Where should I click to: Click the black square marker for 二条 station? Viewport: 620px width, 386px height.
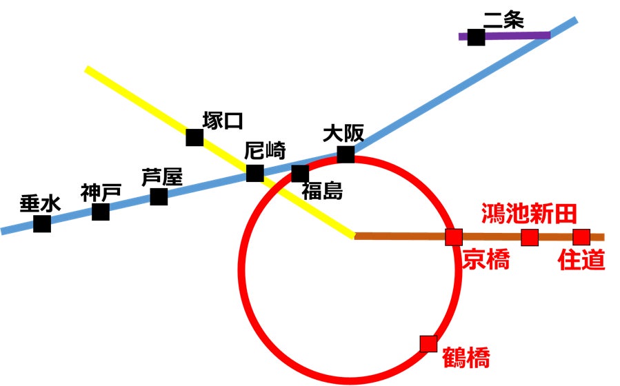(476, 37)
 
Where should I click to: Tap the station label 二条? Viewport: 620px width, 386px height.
(503, 21)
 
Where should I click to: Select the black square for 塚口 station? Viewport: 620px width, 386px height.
(194, 137)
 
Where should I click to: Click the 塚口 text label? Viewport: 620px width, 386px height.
(223, 121)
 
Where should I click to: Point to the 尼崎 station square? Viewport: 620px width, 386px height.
(255, 173)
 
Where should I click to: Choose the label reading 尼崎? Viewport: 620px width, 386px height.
(265, 151)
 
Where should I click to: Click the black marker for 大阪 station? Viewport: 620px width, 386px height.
(346, 154)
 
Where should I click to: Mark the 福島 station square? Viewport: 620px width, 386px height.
(300, 173)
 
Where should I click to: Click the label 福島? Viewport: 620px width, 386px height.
(322, 191)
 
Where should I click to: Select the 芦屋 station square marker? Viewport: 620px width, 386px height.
(159, 196)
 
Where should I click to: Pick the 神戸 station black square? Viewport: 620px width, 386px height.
(101, 212)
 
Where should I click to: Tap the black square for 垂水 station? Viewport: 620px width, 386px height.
(42, 223)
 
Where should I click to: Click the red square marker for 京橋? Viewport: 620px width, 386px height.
(453, 237)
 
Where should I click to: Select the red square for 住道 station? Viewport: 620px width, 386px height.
(581, 237)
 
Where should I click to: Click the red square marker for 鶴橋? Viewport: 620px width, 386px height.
(428, 343)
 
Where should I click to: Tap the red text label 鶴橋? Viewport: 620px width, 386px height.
(467, 359)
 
